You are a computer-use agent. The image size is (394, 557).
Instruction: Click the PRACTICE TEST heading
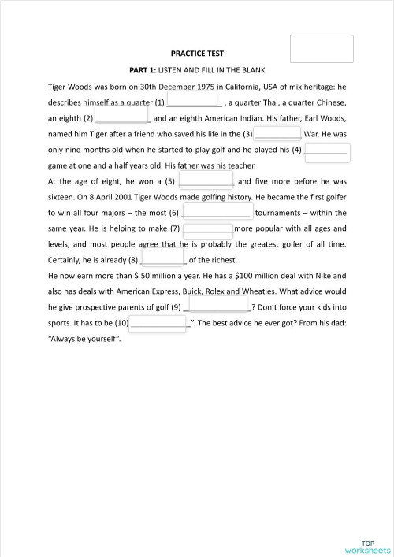[197, 54]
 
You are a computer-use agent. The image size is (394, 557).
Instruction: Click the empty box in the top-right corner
[322, 49]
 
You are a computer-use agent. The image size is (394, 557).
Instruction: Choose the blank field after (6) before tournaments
[217, 212]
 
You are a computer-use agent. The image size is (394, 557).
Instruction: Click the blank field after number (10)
[158, 322]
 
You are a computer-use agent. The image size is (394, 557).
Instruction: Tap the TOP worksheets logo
[367, 525]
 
